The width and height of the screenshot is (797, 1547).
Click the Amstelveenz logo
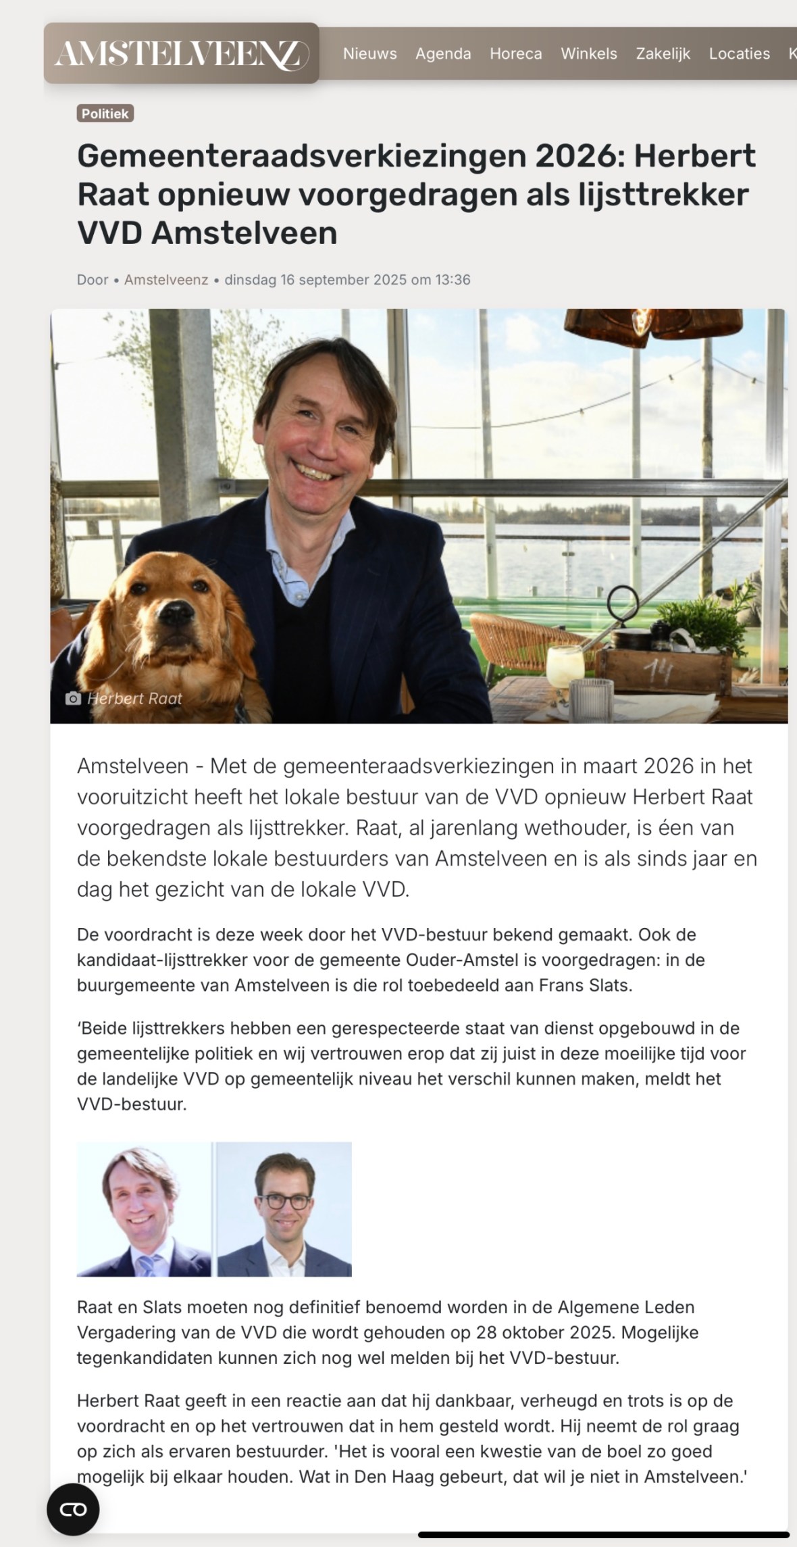[x=181, y=53]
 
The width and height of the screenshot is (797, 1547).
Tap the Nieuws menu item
[x=369, y=53]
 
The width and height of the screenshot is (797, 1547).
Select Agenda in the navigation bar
[x=443, y=53]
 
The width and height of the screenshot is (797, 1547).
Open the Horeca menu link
[x=515, y=53]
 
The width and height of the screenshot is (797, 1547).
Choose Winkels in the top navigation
[x=588, y=53]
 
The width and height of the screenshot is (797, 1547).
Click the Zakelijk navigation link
[x=663, y=53]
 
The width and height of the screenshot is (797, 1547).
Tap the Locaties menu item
[x=739, y=53]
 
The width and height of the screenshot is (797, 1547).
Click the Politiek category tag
[x=105, y=114]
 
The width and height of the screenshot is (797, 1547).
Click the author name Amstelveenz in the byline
[x=166, y=280]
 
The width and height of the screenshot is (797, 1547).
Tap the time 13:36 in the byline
[x=453, y=280]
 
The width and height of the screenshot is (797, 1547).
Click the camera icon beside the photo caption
[x=73, y=698]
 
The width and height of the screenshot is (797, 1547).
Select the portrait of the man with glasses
[x=284, y=1209]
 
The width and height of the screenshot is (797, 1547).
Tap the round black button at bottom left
[x=73, y=1509]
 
